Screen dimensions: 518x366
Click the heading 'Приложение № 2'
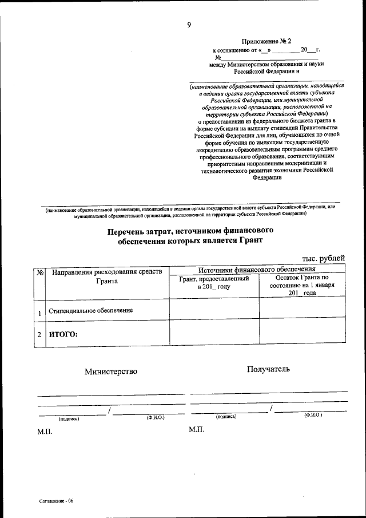tap(266, 42)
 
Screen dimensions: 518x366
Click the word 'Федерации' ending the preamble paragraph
tap(266, 177)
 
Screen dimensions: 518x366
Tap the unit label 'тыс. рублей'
tap(324, 259)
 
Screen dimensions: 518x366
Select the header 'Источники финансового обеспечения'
tap(257, 268)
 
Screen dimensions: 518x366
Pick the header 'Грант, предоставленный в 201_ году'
tap(214, 282)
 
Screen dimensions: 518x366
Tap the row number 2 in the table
tap(39, 334)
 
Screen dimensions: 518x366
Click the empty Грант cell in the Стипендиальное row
tap(214, 307)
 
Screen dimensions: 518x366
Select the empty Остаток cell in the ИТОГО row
tap(302, 331)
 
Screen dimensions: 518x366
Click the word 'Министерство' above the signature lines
tap(111, 371)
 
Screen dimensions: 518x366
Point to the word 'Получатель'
tap(268, 369)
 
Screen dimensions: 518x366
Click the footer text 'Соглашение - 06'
tap(57, 501)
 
